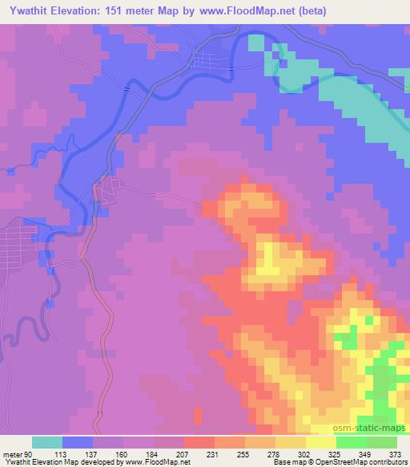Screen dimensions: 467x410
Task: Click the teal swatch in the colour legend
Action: [x=47, y=442]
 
